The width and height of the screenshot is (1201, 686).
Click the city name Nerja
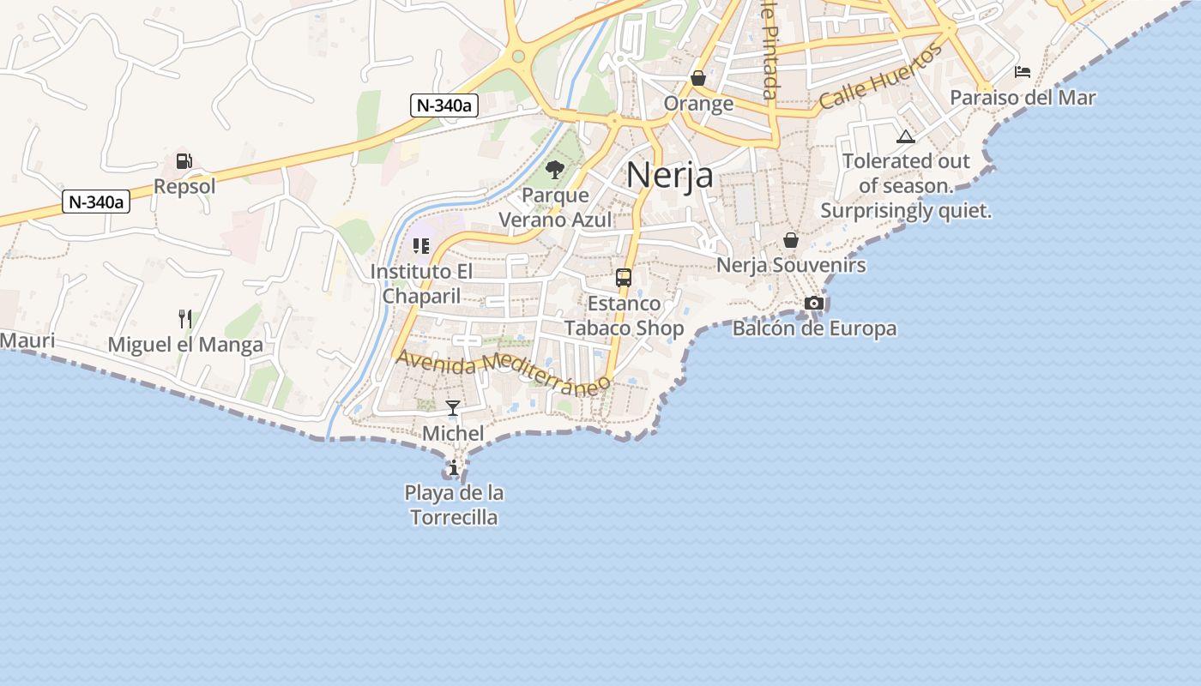pyautogui.click(x=669, y=175)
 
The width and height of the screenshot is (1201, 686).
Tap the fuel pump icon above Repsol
pyautogui.click(x=184, y=160)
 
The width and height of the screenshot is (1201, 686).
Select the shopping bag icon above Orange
pyautogui.click(x=698, y=78)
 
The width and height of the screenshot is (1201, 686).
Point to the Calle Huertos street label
pyautogui.click(x=880, y=77)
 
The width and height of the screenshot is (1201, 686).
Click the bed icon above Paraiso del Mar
pyautogui.click(x=1022, y=71)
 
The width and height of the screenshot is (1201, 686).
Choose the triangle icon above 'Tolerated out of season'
pyautogui.click(x=905, y=136)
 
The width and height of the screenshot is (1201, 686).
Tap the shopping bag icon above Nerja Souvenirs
pyautogui.click(x=790, y=240)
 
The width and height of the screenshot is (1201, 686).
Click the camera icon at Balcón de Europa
pyautogui.click(x=813, y=303)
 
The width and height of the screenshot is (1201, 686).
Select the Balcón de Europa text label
pyautogui.click(x=813, y=328)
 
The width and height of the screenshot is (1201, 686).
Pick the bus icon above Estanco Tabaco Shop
pyautogui.click(x=624, y=278)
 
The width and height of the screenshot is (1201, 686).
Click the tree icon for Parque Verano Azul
pyautogui.click(x=555, y=170)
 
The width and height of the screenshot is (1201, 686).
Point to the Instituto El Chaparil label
pyautogui.click(x=421, y=284)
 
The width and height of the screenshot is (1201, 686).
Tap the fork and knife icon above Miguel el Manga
pyautogui.click(x=184, y=319)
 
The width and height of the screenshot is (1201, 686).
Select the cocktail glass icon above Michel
pyautogui.click(x=453, y=408)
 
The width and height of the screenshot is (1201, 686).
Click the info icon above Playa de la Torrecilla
pyautogui.click(x=454, y=467)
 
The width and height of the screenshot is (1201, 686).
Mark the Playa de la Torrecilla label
pyautogui.click(x=454, y=505)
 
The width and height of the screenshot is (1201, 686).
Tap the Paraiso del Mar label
pyautogui.click(x=1023, y=98)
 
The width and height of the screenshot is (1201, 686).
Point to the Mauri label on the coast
pyautogui.click(x=27, y=340)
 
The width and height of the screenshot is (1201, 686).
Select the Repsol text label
pyautogui.click(x=184, y=186)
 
